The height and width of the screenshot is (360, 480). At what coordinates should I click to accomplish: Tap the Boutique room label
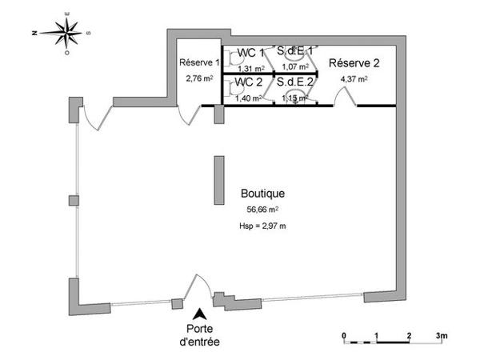[262, 194]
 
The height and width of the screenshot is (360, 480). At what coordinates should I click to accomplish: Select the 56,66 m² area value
[262, 210]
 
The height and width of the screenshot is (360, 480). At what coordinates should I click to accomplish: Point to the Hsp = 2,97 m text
[262, 226]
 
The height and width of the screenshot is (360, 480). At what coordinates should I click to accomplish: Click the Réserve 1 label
[199, 63]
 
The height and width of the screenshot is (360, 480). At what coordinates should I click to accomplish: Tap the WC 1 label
[251, 53]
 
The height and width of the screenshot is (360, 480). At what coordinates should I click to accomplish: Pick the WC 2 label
[250, 82]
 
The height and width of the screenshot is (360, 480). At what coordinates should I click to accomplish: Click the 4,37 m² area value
[354, 79]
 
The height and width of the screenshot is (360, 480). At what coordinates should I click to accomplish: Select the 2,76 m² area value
[199, 79]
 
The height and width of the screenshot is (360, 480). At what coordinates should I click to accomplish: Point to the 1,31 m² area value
[251, 68]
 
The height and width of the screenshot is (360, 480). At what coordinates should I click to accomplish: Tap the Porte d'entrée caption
[200, 336]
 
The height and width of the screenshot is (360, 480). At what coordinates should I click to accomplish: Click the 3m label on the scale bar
[442, 334]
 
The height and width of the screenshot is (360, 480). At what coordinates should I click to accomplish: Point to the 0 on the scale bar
[343, 334]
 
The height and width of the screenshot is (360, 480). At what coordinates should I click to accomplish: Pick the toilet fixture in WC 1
[231, 57]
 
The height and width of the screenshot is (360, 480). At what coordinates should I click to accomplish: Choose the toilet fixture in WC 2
[231, 86]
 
